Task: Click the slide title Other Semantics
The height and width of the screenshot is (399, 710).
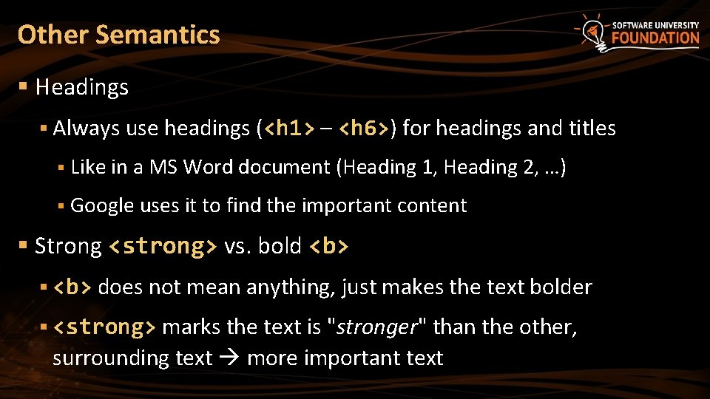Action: (118, 35)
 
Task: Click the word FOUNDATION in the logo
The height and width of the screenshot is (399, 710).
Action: (655, 38)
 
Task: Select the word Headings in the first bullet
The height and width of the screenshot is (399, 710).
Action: (81, 87)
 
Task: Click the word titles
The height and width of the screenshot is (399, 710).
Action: (592, 129)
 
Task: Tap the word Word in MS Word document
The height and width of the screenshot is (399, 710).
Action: (203, 167)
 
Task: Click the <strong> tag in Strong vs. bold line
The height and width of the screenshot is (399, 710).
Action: (163, 246)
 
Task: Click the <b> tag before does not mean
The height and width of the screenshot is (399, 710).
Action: (72, 287)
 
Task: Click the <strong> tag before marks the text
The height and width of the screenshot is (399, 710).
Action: (104, 327)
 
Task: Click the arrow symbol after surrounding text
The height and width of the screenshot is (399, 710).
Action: (229, 358)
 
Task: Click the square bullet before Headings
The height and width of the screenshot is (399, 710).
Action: (24, 87)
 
